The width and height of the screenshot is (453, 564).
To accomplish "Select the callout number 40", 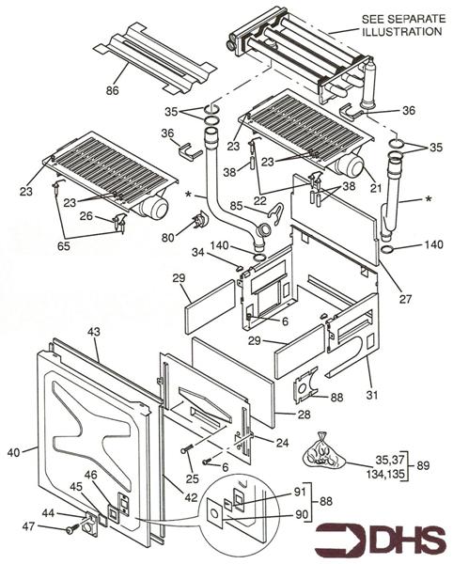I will click(14, 452).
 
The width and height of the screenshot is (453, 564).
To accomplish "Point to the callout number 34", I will click(222, 252).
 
